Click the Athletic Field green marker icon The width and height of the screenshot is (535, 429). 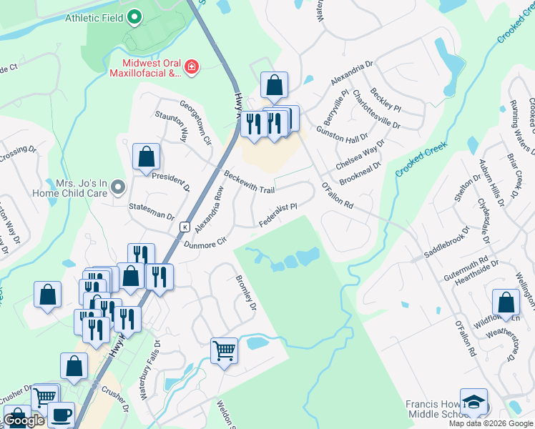click(x=134, y=18)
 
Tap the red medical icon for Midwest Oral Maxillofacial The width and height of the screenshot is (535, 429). click(x=191, y=68)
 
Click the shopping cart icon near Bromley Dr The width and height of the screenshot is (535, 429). click(x=224, y=351)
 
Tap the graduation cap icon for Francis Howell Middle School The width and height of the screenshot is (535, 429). click(x=473, y=403)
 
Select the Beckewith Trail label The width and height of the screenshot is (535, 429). click(x=249, y=182)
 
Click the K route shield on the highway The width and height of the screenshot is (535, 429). click(x=184, y=227)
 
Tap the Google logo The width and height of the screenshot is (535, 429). click(x=24, y=420)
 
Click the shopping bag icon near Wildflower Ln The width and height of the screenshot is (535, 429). click(x=506, y=302)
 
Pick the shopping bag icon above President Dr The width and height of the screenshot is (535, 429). click(x=146, y=157)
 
